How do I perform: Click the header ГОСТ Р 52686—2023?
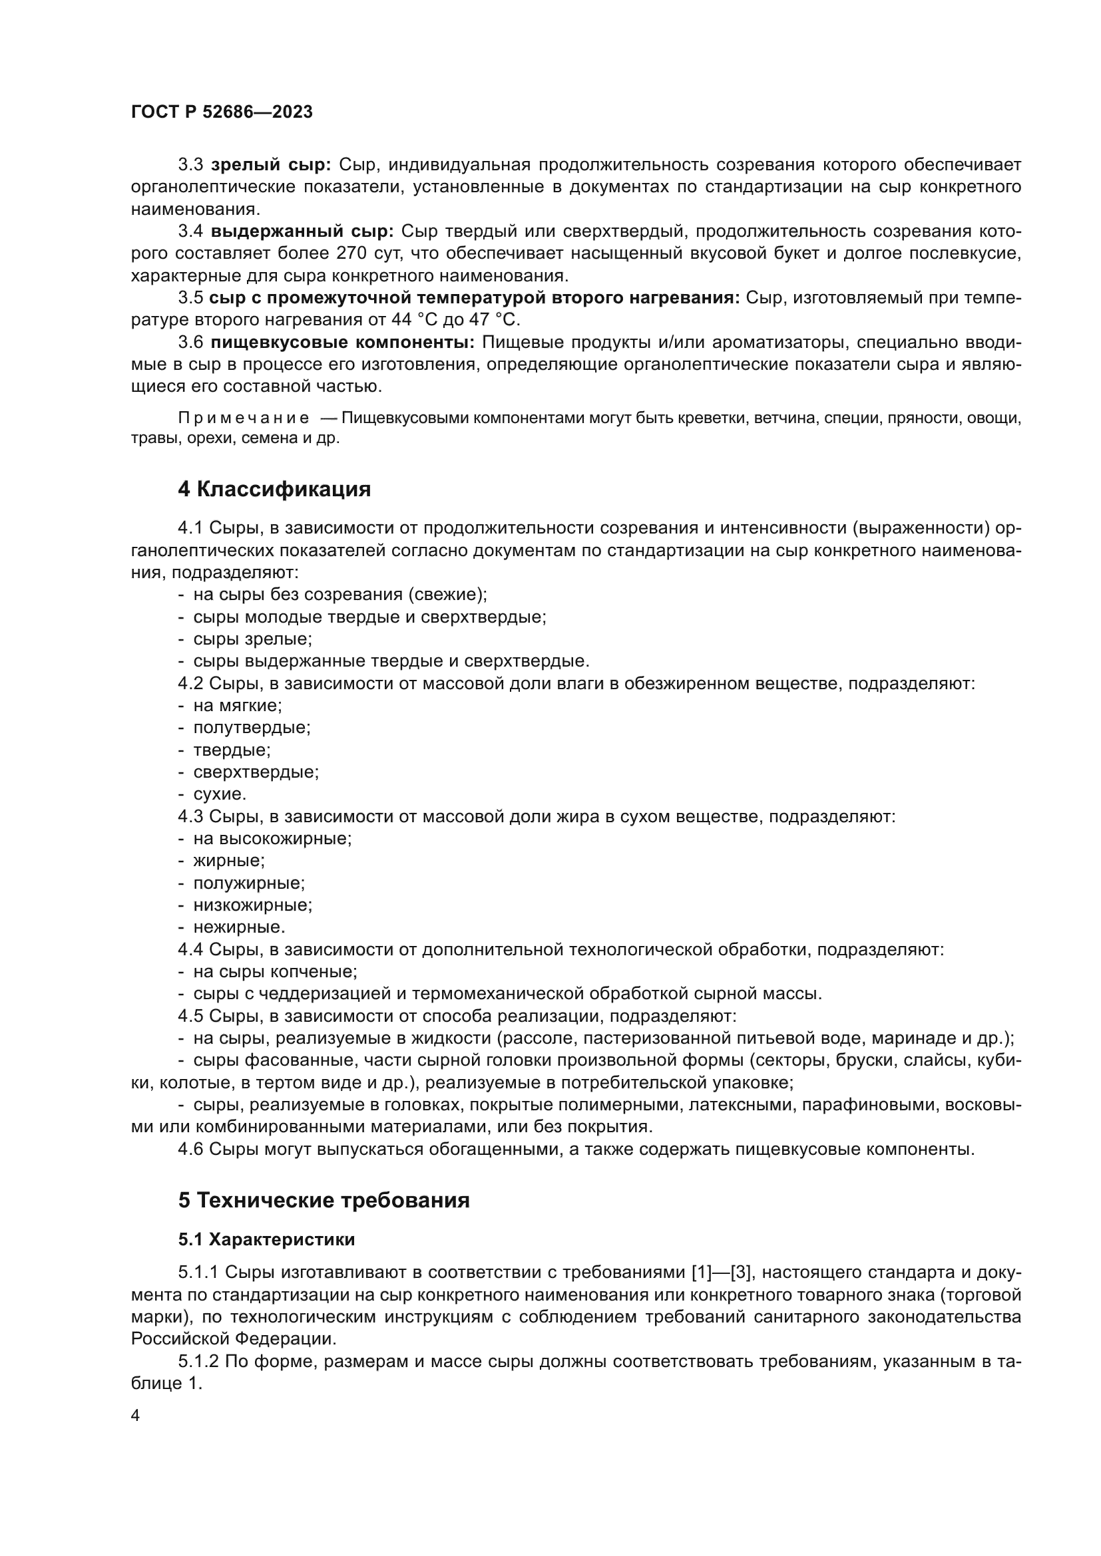[x=222, y=112]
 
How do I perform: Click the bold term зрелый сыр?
[x=270, y=165]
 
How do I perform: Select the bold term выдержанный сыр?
[x=302, y=231]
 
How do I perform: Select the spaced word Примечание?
[x=244, y=418]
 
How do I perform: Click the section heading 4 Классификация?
[x=274, y=490]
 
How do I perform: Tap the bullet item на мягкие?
[x=237, y=705]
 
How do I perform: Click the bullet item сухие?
[x=220, y=794]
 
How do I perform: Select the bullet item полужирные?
[x=249, y=883]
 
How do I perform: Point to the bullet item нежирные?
[x=239, y=927]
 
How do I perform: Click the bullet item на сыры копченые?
[x=274, y=972]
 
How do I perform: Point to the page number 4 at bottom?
[x=135, y=1416]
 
